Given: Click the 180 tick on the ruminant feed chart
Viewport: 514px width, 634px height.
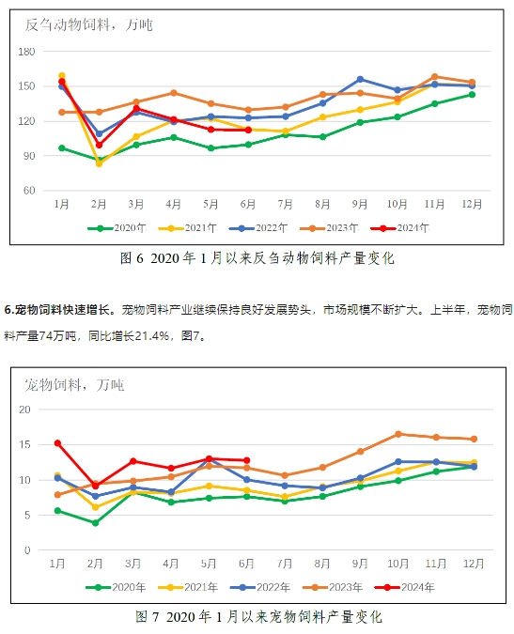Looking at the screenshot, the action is pos(26,52).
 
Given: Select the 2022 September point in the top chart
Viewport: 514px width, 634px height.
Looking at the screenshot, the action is pos(360,79).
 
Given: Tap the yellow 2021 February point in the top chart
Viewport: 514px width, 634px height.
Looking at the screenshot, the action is pos(99,163).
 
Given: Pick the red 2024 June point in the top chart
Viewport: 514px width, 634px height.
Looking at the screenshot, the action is pos(248,130).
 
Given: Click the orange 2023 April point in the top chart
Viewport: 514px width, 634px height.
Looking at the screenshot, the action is pos(174,93).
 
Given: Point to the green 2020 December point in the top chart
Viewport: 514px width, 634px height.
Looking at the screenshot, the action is pos(472,95).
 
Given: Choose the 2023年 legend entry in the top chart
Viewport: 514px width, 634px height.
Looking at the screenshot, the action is pos(329,228).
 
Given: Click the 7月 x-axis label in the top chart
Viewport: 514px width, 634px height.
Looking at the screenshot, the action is pos(285,204).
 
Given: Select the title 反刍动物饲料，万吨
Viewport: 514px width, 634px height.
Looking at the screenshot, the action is pos(89,25).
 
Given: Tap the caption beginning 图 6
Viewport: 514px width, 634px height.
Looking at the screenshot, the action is pos(257,258).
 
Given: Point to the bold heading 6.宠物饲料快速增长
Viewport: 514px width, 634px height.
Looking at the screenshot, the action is pos(57,310).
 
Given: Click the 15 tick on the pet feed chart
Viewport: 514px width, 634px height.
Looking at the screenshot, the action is pos(24,445).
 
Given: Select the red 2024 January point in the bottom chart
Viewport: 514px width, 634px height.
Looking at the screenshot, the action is pos(58,443).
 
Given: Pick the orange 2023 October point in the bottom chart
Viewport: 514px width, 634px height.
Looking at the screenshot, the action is pos(397,434).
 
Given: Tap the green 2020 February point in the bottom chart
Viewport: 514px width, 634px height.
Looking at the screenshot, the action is pos(96,523).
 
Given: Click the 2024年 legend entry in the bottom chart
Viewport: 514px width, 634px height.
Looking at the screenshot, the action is pos(405,587).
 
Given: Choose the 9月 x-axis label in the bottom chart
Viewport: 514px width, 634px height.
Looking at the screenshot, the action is pos(360,564).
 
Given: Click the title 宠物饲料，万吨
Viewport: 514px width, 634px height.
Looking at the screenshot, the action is pos(74,385).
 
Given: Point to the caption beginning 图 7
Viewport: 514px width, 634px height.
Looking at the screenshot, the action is pos(258,617).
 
